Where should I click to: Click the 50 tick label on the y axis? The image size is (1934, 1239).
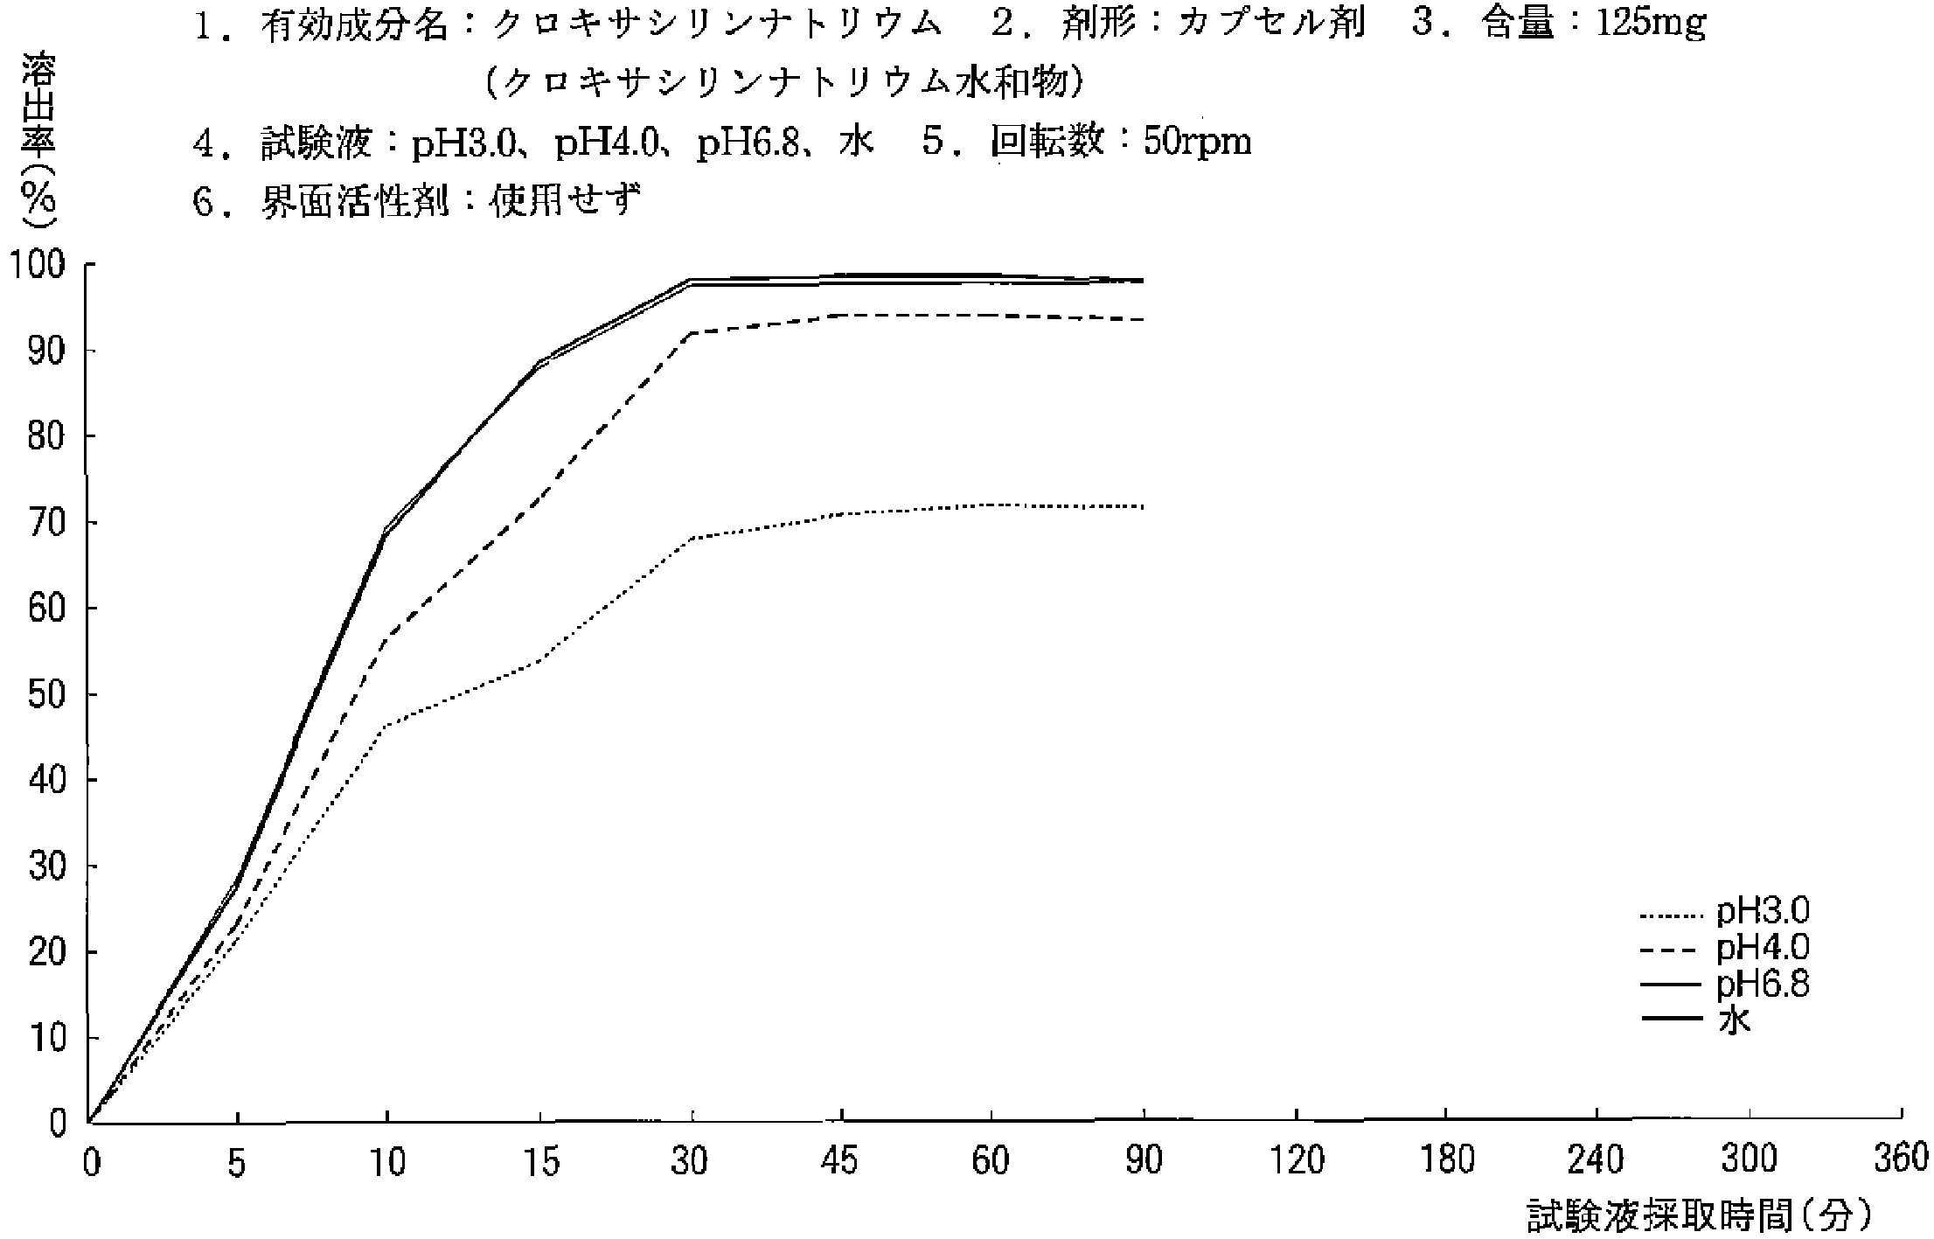45,695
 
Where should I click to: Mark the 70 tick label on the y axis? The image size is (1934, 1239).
45,523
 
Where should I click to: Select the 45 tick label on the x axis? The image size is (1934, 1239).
840,1161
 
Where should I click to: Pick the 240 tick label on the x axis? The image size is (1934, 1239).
1597,1161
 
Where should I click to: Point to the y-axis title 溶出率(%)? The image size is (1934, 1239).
38,140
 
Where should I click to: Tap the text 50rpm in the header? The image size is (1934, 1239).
1197,141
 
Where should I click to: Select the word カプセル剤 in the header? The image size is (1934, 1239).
1270,24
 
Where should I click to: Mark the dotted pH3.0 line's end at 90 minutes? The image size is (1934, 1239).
1143,506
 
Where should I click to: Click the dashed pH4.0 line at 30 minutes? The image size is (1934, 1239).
692,333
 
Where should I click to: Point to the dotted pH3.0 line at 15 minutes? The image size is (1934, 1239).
541,660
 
